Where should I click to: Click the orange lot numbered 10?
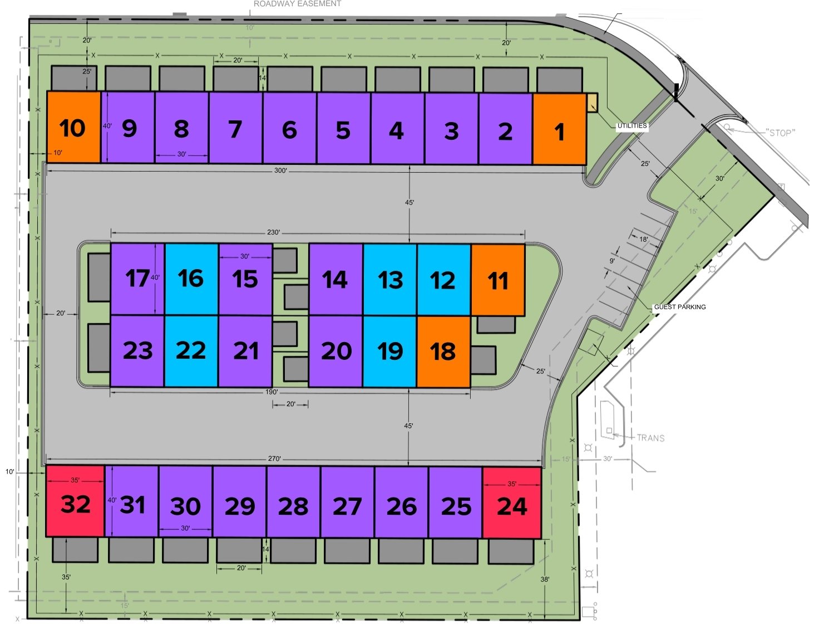73,128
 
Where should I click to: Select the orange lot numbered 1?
559,130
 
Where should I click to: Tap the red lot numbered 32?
75,501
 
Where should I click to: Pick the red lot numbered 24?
512,504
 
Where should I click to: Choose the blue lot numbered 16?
191,279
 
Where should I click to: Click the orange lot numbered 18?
443,352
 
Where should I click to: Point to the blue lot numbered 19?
389,352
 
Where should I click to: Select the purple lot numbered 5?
343,129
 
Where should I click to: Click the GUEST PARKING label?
679,307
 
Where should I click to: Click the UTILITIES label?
632,126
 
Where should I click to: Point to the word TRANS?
650,438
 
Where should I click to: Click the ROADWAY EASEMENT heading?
297,4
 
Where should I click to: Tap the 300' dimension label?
280,170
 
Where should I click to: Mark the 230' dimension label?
273,232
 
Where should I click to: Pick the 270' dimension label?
274,459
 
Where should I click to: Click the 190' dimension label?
272,392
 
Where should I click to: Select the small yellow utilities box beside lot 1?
592,103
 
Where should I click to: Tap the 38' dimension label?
545,579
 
